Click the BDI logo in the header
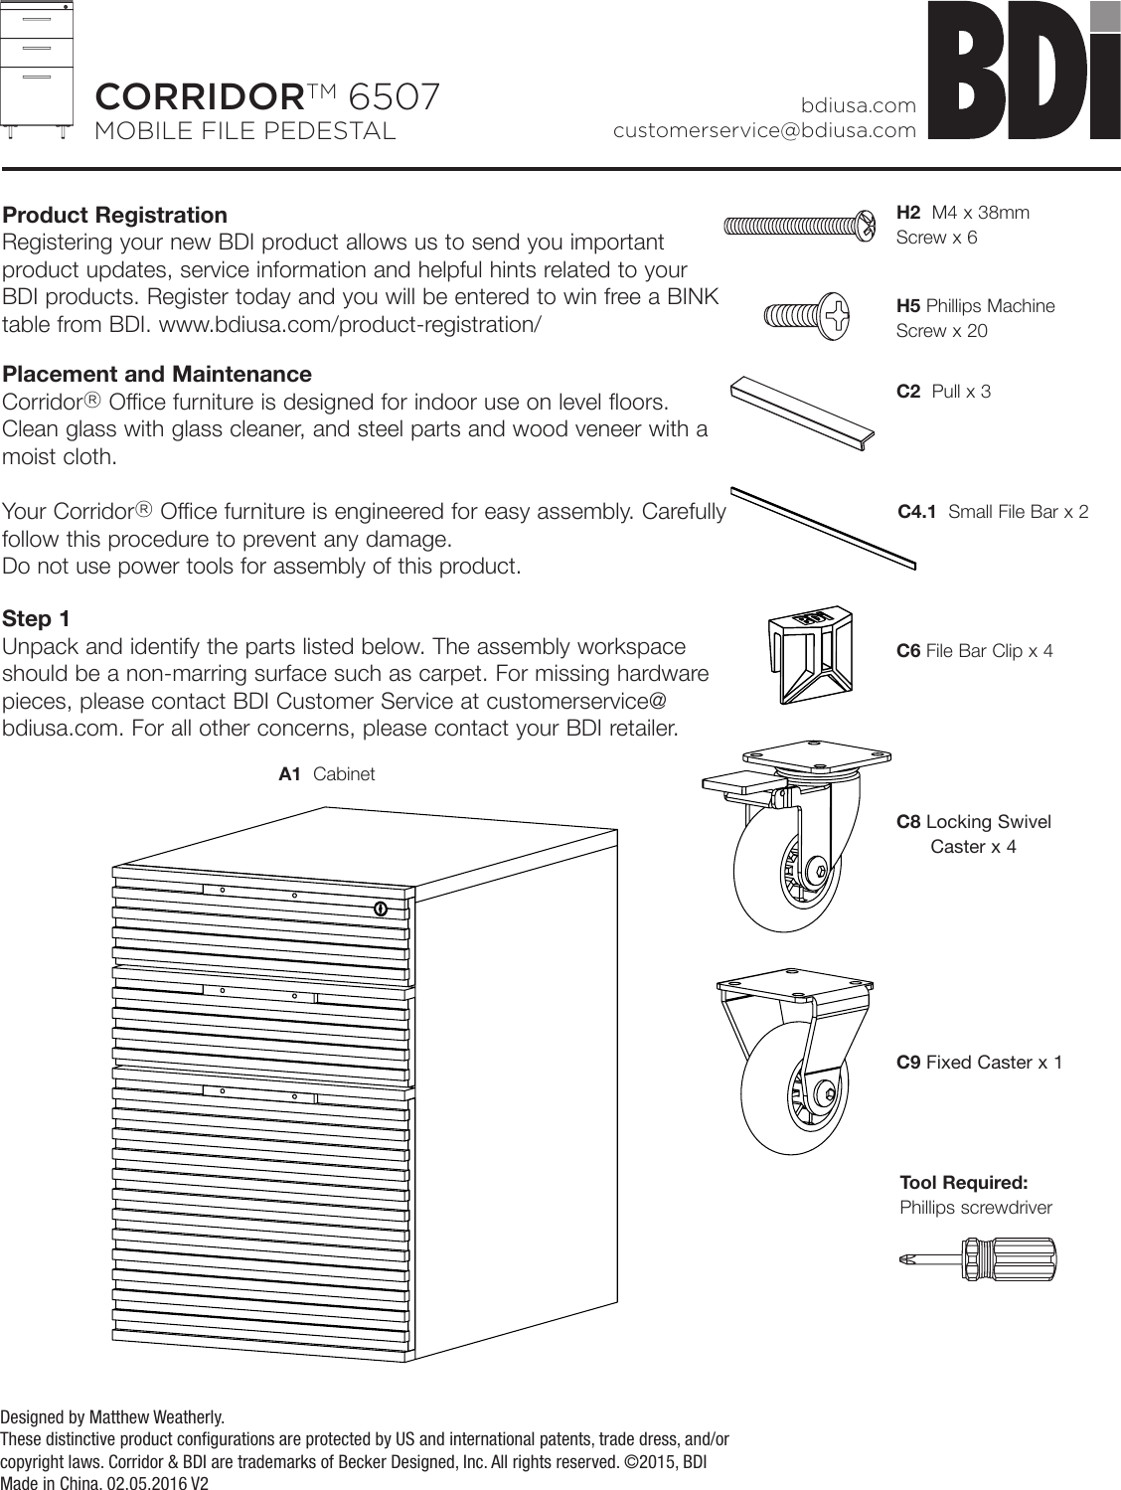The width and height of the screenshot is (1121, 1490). [1023, 72]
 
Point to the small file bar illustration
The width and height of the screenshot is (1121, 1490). [823, 528]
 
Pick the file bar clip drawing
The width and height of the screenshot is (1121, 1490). [808, 655]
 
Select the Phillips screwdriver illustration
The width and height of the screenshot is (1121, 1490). [980, 1259]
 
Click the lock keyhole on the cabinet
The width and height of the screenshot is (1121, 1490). [380, 908]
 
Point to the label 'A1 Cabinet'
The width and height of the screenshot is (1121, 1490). [327, 774]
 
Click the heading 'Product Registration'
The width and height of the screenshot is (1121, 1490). [114, 216]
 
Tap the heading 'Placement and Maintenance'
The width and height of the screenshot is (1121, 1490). [157, 375]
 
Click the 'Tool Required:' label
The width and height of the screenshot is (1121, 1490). [963, 1183]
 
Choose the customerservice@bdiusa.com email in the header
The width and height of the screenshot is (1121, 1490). [764, 130]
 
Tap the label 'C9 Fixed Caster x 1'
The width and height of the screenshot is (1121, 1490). [979, 1063]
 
